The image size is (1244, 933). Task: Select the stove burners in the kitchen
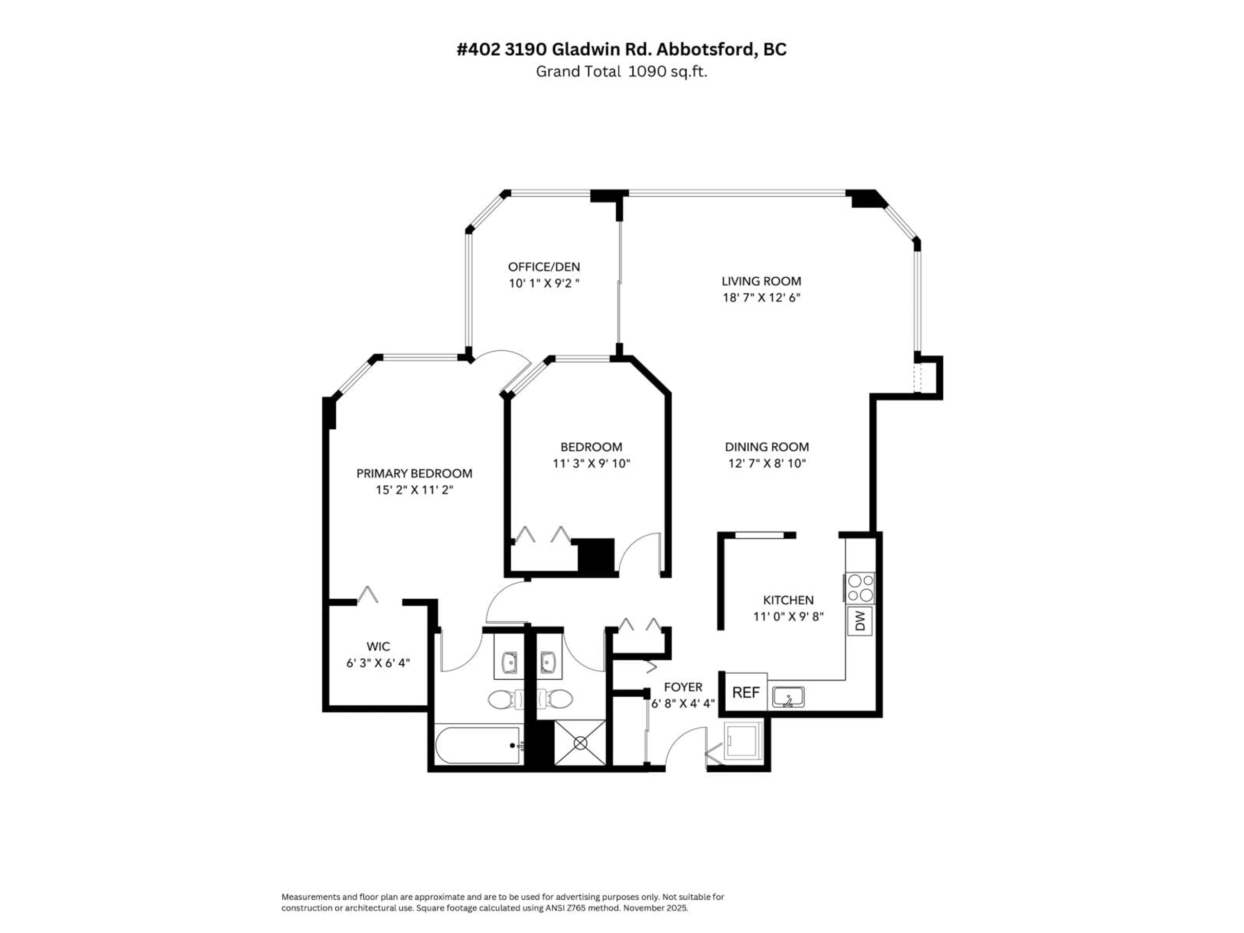click(860, 588)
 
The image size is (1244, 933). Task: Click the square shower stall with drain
click(580, 743)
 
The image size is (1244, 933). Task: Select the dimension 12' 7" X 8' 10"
click(766, 463)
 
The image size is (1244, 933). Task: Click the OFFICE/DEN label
click(544, 267)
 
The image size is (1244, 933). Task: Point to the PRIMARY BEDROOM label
click(414, 474)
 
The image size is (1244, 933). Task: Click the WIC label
click(378, 647)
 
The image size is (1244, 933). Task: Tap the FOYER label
click(683, 687)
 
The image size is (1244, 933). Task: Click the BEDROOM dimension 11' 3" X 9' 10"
click(591, 463)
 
